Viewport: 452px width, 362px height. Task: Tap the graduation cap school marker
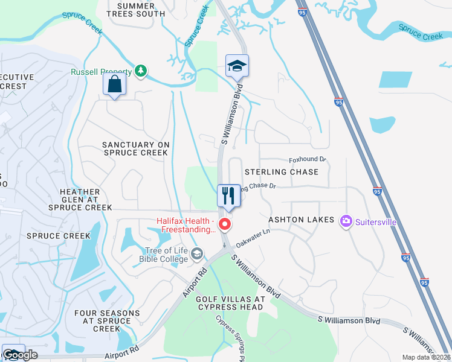coord(237,66)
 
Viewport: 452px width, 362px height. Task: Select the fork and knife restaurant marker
coord(229,195)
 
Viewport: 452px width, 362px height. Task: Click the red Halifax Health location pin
coord(225,224)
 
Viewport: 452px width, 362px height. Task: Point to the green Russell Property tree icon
coord(141,71)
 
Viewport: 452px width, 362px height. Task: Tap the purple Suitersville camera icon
coord(346,221)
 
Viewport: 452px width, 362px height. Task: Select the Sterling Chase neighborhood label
coord(281,172)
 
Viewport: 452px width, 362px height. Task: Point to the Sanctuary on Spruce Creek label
coord(135,149)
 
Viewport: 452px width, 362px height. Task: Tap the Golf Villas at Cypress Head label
coord(230,303)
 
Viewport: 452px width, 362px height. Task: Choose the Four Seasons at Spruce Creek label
coord(107,321)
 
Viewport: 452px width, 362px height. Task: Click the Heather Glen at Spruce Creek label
coord(85,200)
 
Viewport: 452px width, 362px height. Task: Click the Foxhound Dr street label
coord(308,159)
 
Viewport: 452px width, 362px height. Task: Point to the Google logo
coord(21,355)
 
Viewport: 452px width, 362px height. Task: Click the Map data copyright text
coord(427,357)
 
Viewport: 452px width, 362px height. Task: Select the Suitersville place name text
coord(375,222)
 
